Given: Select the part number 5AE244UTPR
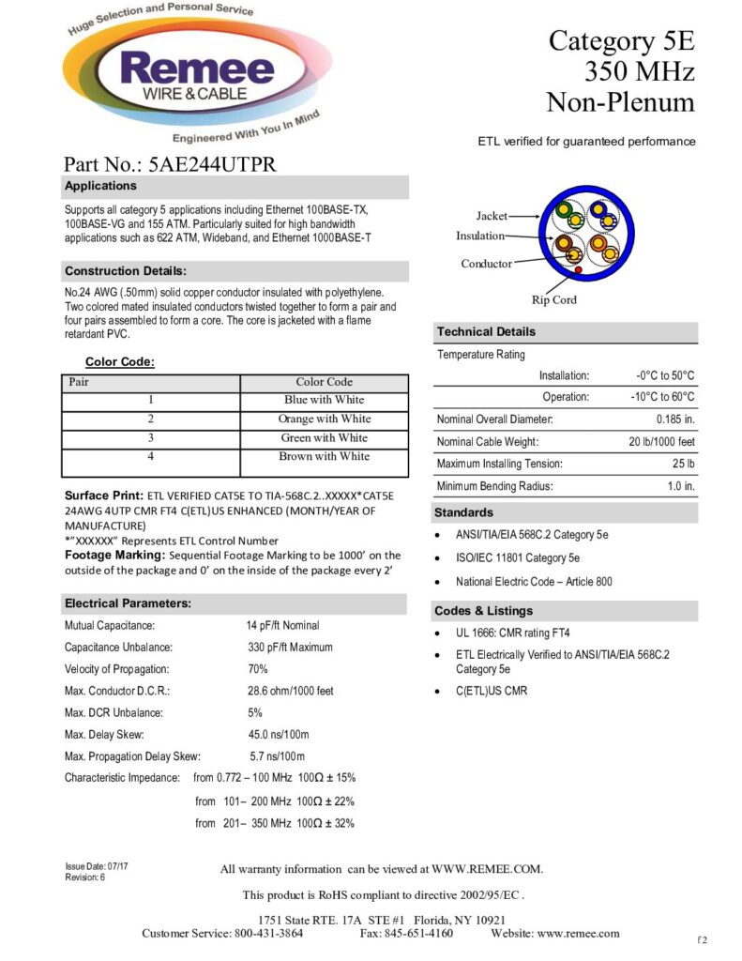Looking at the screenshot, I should pos(212,163).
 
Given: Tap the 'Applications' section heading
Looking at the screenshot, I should pos(100,186).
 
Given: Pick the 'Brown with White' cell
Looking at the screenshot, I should pos(324,457).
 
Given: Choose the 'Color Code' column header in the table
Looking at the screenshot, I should pos(324,382).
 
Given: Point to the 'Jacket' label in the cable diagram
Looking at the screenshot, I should pos(492,216).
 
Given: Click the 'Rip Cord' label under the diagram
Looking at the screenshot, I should pos(553,300).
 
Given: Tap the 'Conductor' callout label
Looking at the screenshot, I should pos(486,264).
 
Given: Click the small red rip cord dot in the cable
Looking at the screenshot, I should pos(579,271).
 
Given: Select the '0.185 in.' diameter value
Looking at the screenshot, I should pos(675,419).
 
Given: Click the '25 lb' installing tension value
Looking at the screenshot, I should pos(683,465).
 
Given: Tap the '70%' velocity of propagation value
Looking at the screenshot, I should pos(258,669).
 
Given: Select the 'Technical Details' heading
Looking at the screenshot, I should pos(485,331).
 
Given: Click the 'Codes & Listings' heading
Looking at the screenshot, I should pos(484,611).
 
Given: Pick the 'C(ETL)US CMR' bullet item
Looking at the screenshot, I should pos(492,692).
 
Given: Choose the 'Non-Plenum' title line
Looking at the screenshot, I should pos(620,102).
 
